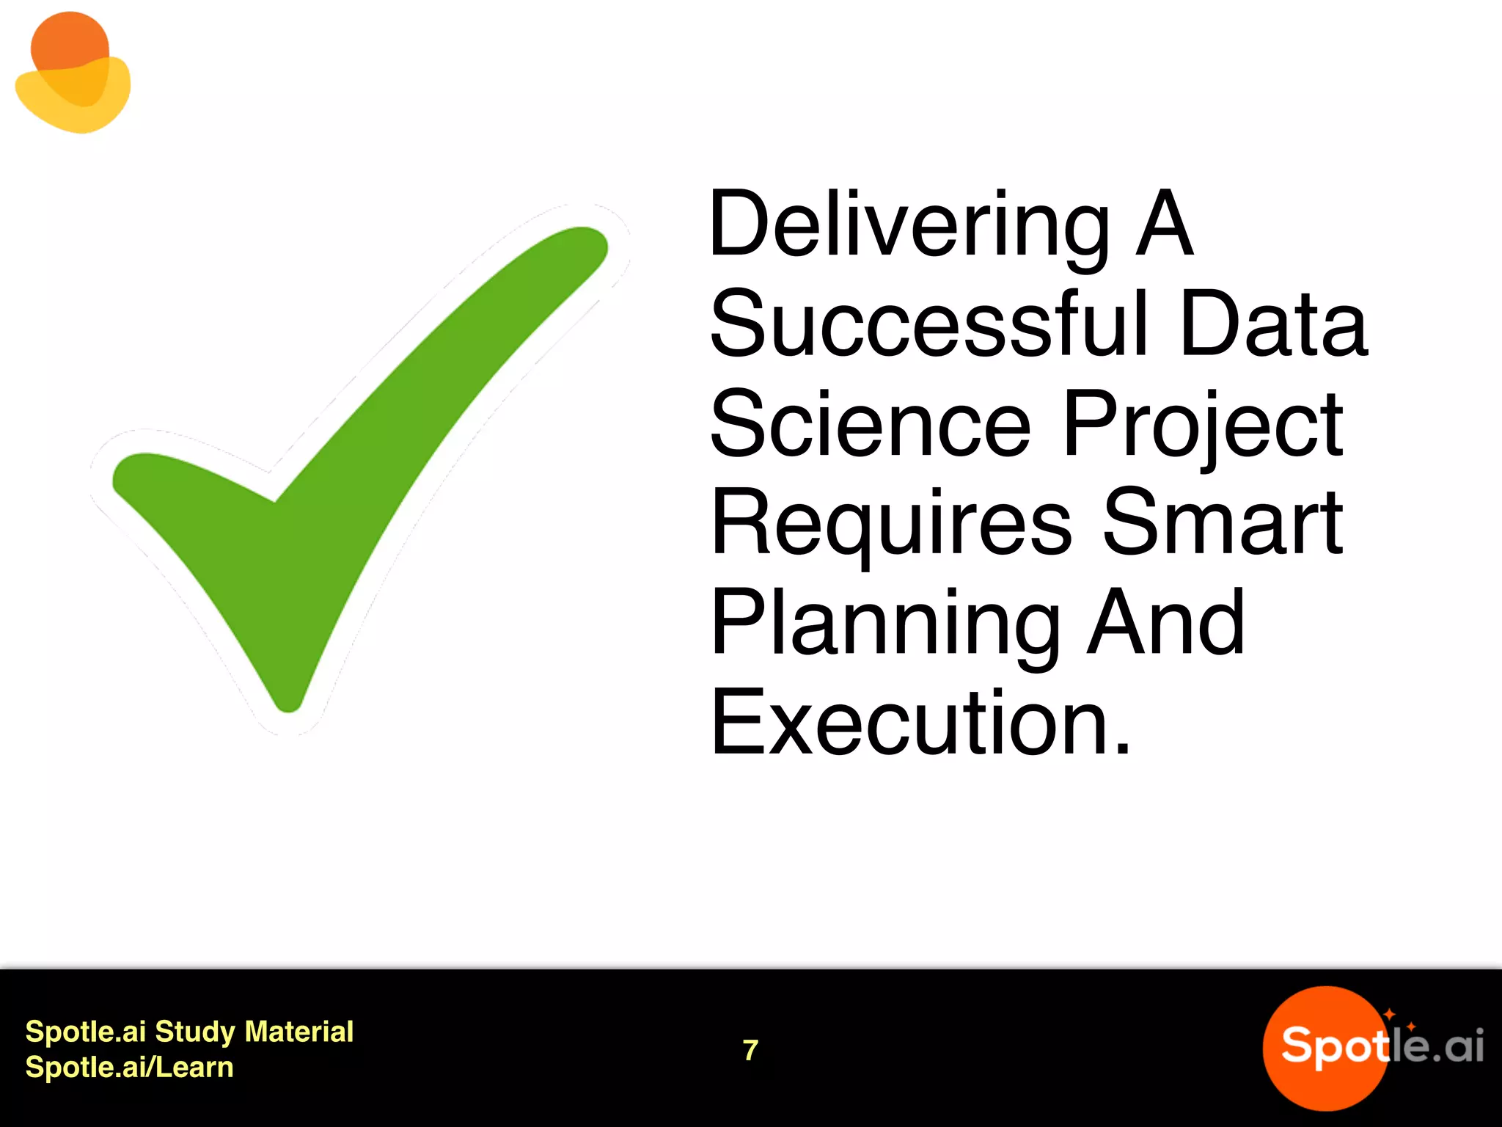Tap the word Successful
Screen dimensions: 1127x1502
928,324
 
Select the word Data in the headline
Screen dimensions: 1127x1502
1274,324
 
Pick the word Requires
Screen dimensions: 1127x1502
891,524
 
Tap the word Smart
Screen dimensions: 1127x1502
1223,522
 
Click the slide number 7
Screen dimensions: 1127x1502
750,1050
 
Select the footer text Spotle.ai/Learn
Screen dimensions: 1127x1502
129,1068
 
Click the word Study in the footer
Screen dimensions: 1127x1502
195,1032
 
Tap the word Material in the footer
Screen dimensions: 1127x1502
299,1032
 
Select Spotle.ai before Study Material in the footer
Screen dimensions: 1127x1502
86,1032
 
